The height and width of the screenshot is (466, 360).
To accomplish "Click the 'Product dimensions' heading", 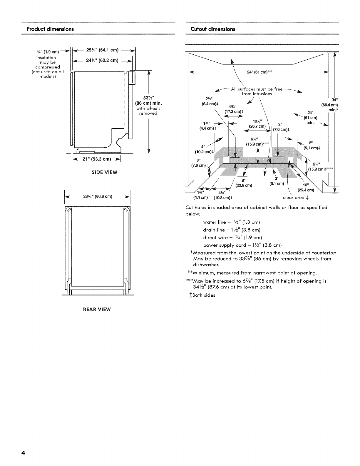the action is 50,29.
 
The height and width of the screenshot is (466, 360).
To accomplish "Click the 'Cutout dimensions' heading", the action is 213,29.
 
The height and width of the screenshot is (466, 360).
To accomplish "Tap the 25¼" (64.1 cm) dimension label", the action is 103,50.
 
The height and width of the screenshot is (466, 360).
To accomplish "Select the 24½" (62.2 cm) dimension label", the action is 102,61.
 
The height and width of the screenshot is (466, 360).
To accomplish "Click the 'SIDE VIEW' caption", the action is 104,172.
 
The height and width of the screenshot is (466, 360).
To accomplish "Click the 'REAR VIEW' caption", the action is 97,310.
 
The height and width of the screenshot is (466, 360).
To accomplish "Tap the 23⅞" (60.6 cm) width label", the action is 98,196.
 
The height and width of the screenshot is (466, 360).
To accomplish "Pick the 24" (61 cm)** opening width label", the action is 259,72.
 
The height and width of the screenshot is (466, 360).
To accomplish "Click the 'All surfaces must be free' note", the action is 257,89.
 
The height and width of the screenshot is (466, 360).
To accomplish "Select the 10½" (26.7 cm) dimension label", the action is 257,124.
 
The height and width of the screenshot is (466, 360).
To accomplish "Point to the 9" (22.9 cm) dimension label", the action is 244,183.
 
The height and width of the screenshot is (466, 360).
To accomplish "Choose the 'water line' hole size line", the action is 232,222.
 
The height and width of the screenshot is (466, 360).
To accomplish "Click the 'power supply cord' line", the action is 242,245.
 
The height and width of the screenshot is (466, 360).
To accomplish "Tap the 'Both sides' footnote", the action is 202,295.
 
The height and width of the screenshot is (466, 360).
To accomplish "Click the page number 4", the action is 23,453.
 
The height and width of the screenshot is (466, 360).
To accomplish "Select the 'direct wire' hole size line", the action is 232,237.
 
